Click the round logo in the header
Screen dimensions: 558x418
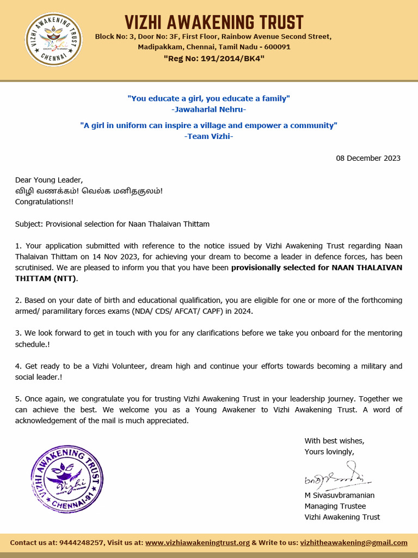(54, 40)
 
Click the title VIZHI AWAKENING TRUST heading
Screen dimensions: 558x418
(214, 22)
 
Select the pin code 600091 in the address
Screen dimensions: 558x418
(277, 47)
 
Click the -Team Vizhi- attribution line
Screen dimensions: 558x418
(208, 136)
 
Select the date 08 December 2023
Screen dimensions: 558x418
(368, 158)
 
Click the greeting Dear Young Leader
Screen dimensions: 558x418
(49, 180)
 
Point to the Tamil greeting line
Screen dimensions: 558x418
(89, 191)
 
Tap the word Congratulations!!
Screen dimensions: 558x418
(44, 202)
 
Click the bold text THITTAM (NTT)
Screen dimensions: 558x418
(46, 278)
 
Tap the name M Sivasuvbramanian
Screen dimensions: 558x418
(340, 495)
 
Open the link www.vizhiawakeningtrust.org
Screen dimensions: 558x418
(198, 543)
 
